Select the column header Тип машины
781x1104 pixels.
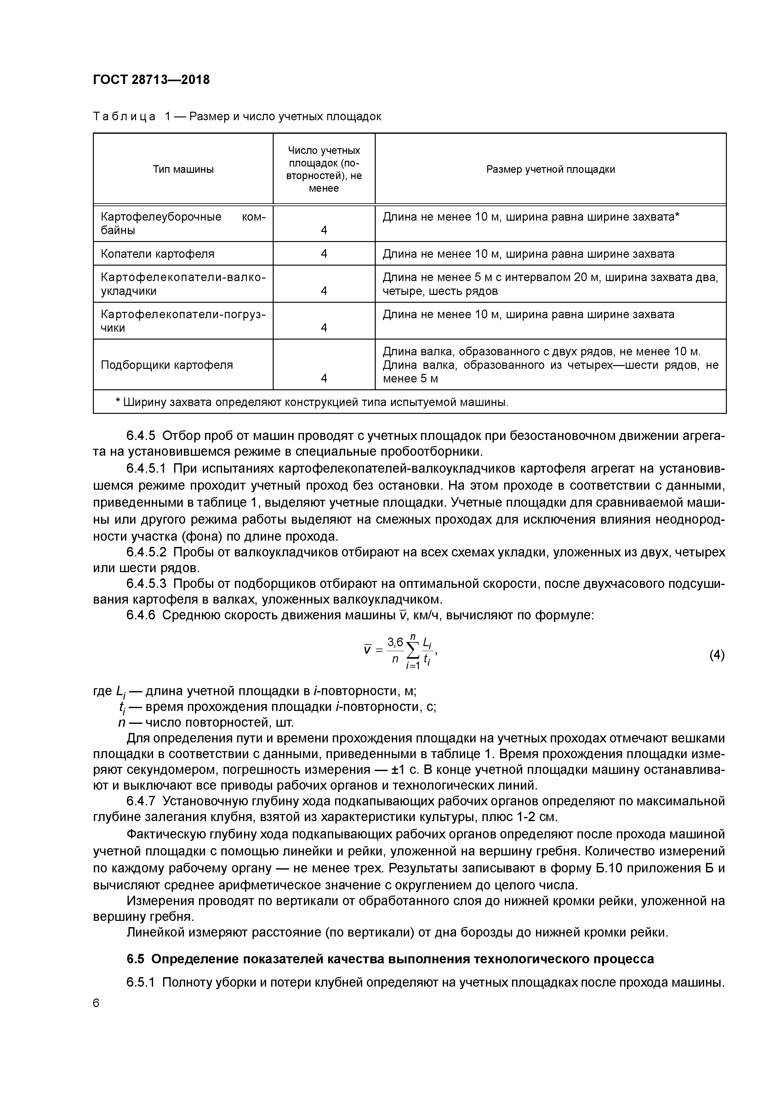(x=183, y=169)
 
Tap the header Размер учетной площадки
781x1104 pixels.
(x=550, y=169)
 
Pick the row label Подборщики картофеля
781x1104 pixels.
(x=167, y=365)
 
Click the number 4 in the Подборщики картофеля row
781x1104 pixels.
(x=324, y=378)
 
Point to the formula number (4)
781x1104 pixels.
(x=716, y=655)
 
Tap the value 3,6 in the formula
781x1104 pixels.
(x=395, y=642)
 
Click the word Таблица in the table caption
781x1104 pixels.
(x=124, y=117)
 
